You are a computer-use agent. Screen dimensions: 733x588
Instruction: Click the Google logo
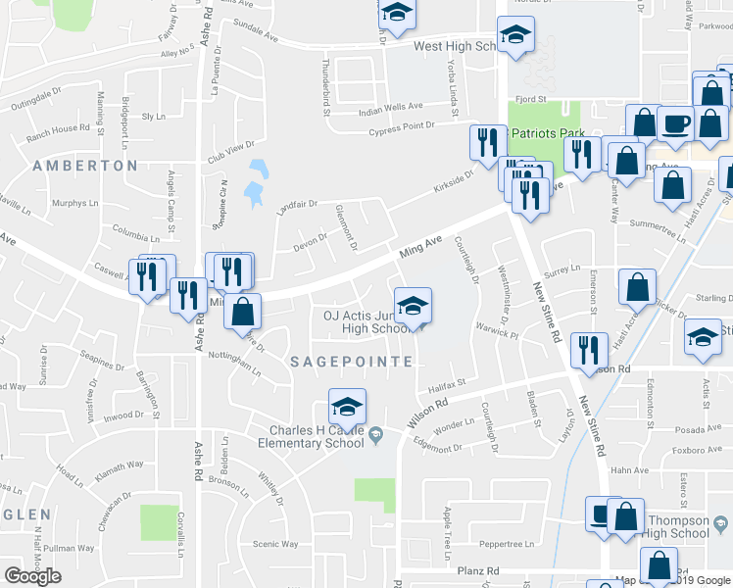click(x=32, y=576)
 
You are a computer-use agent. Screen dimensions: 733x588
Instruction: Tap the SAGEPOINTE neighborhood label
click(x=352, y=362)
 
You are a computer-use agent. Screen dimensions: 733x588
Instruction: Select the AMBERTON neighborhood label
click(x=85, y=166)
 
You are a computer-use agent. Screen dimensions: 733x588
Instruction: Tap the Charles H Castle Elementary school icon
click(x=347, y=407)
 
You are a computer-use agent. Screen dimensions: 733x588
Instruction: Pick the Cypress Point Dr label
click(x=401, y=126)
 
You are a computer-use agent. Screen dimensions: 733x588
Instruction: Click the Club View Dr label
click(x=230, y=158)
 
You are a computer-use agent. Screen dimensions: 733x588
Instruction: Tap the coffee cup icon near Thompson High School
click(x=600, y=514)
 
